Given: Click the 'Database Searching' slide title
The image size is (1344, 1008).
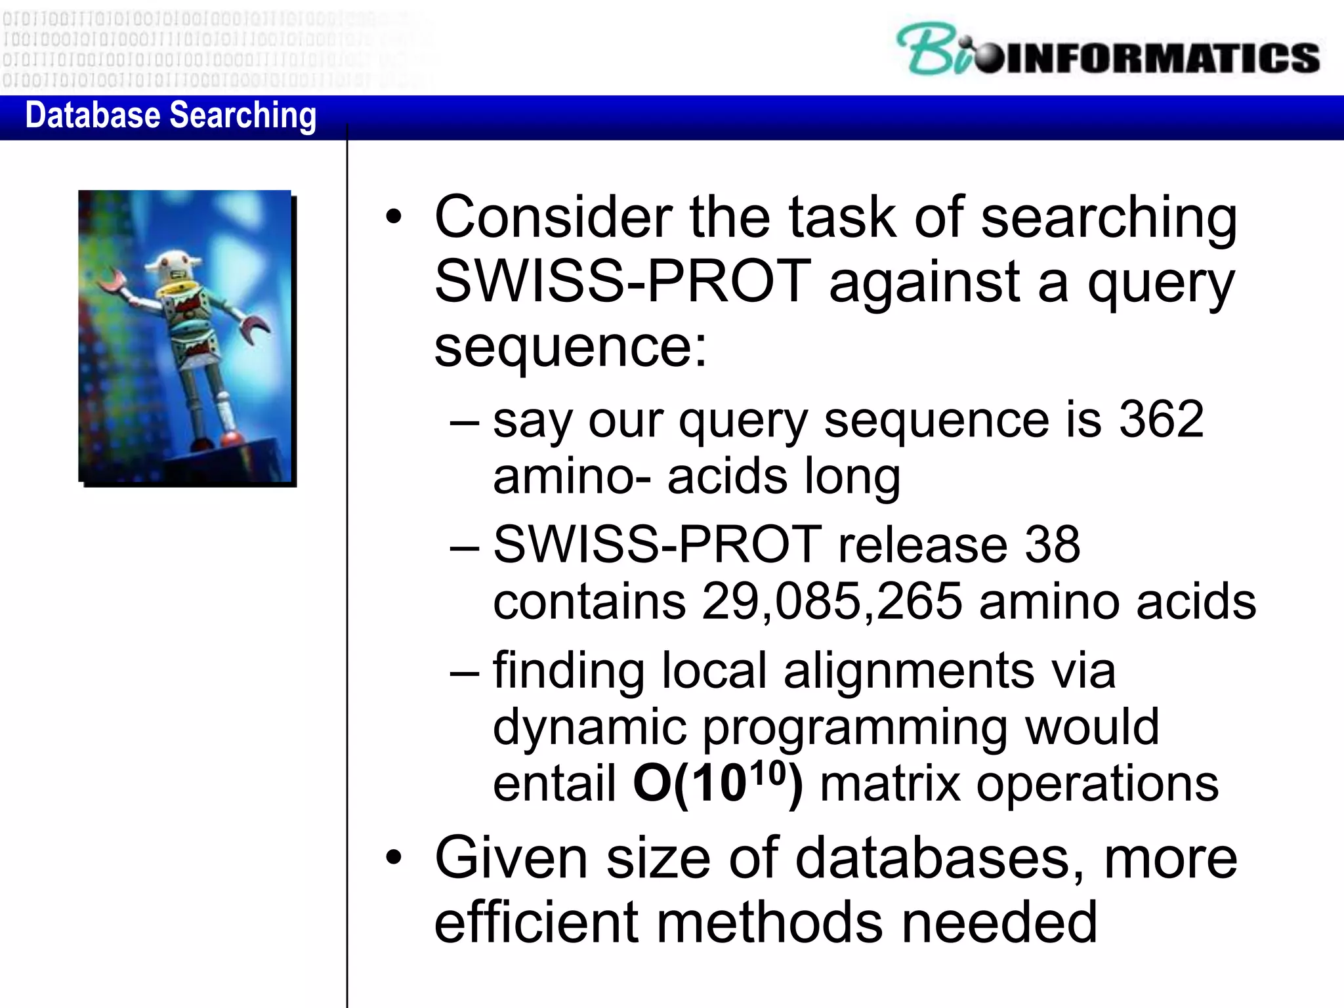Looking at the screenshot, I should [x=171, y=115].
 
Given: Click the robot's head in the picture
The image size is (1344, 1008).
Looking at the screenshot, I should [x=172, y=266].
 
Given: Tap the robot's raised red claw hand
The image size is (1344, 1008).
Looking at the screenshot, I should [x=113, y=282].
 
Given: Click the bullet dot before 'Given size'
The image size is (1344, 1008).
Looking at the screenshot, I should [x=393, y=858].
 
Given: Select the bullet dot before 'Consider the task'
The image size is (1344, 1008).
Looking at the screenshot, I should [x=393, y=218].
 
